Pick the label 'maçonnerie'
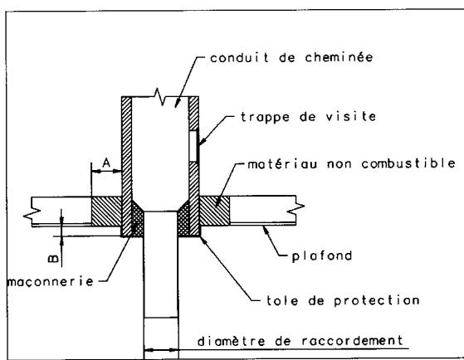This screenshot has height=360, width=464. tap(42, 280)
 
